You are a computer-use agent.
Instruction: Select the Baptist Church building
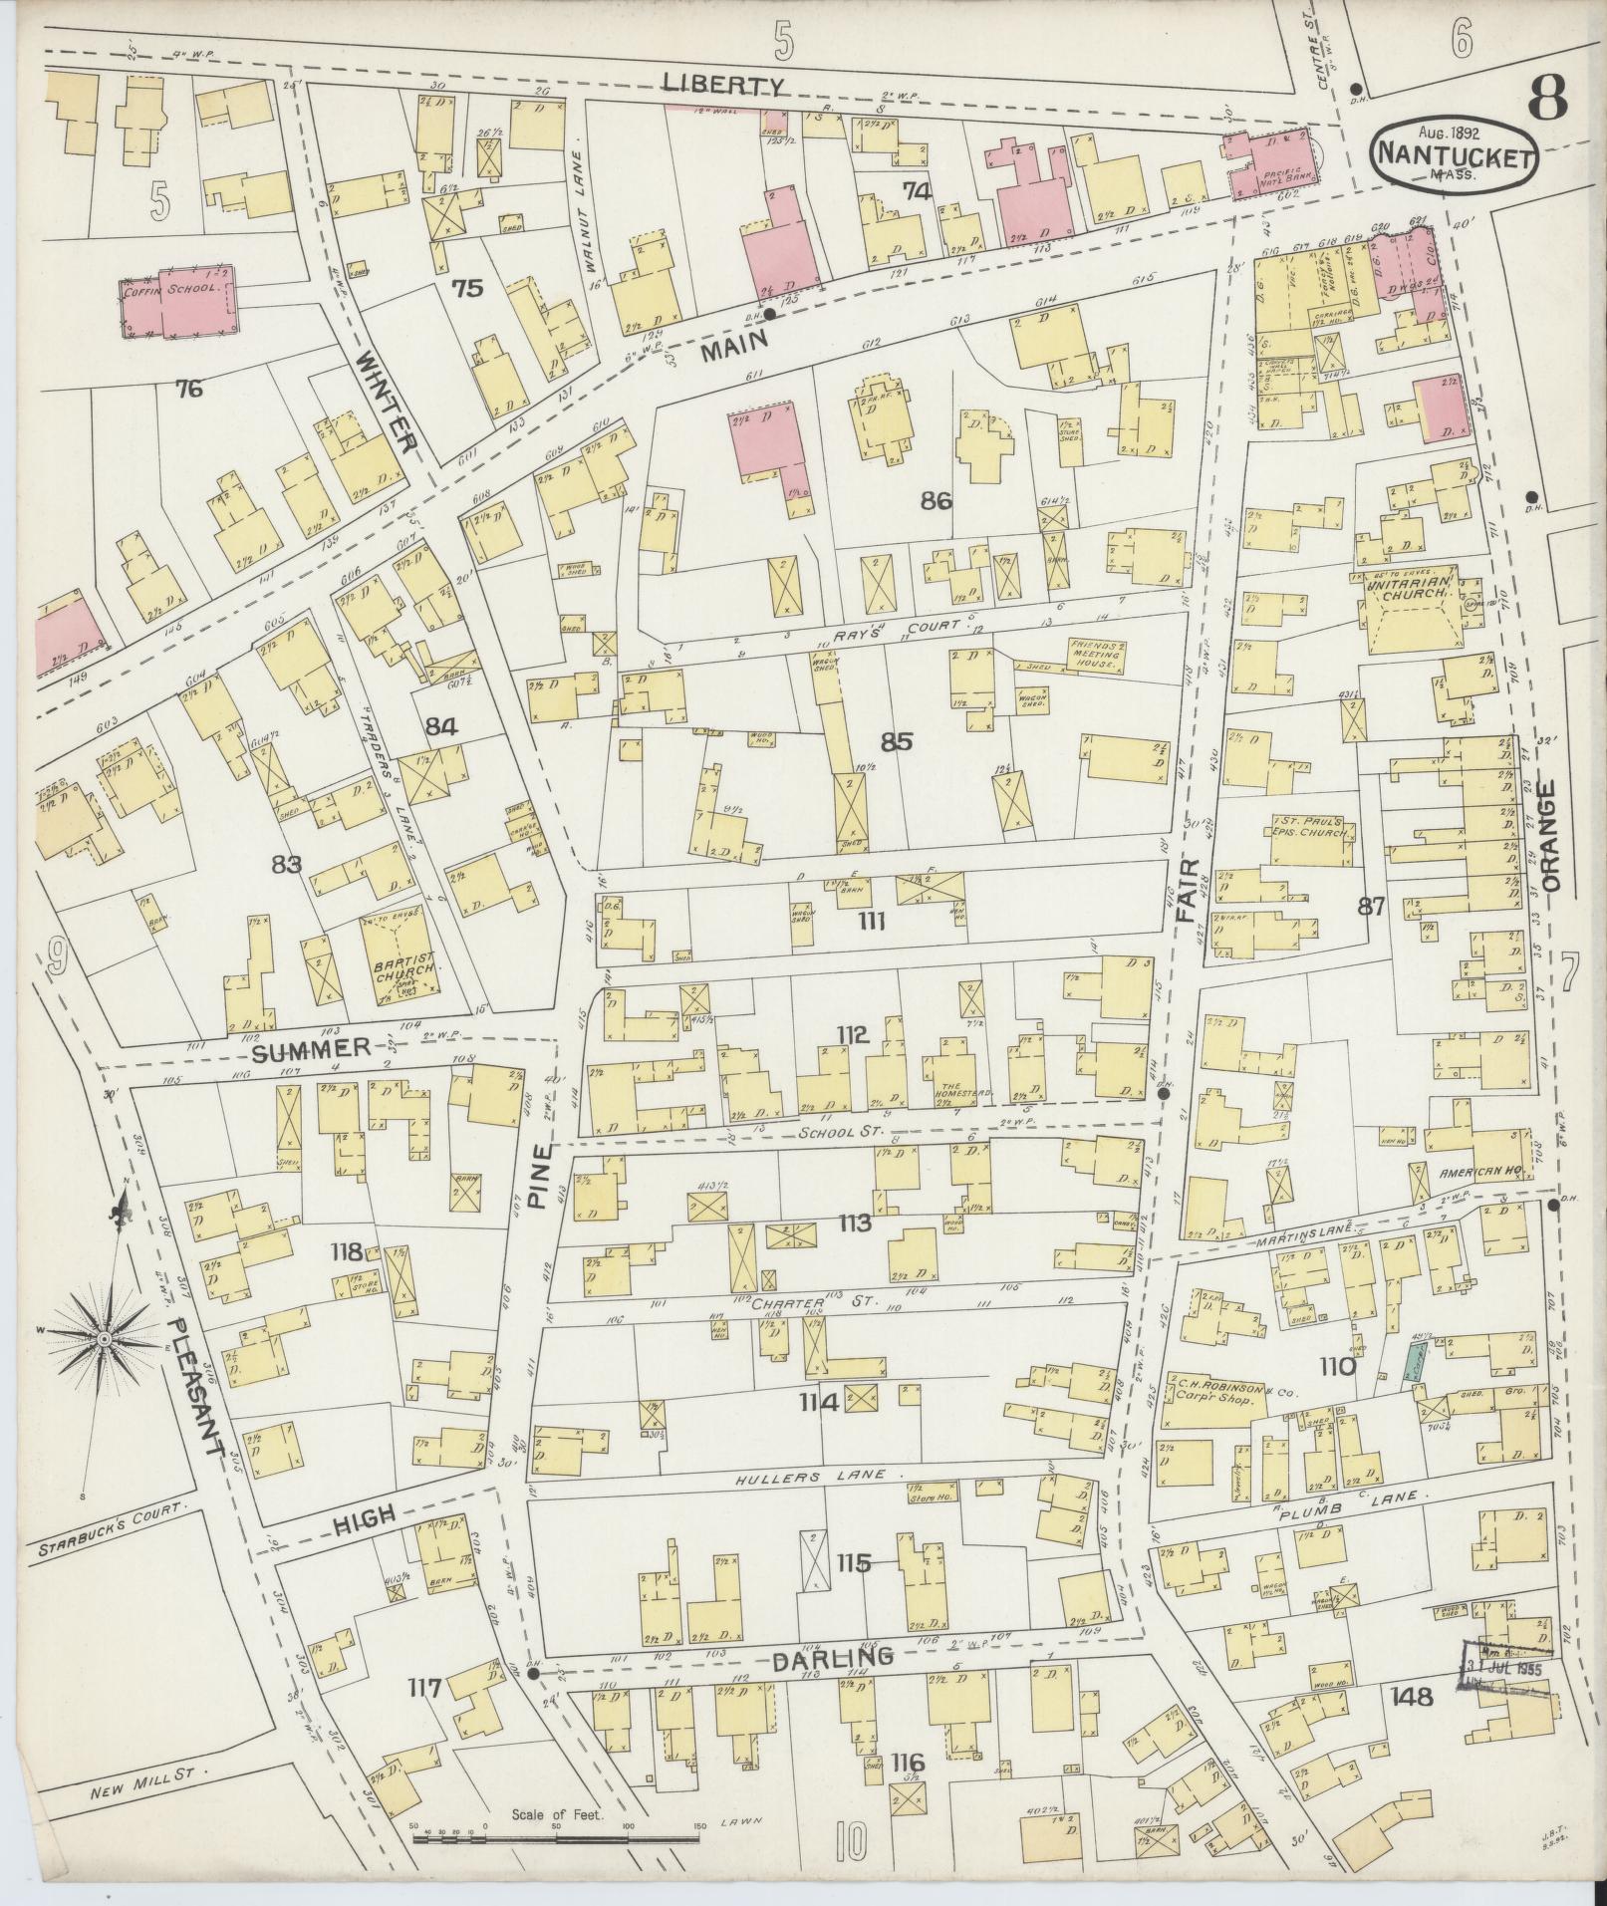[402, 954]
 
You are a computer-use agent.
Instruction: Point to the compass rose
[103, 1335]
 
